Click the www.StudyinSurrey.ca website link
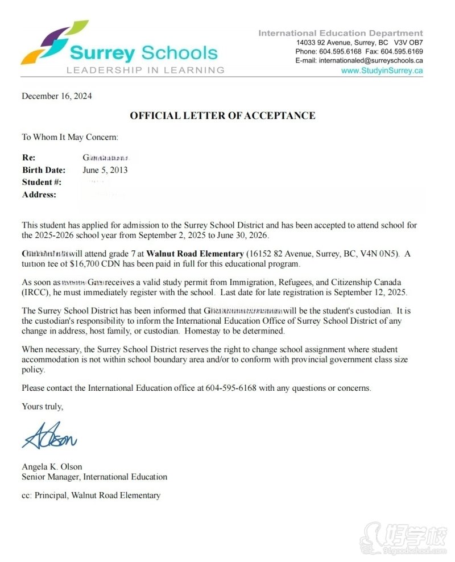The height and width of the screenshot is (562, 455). (x=382, y=71)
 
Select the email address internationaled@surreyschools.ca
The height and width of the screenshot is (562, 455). (x=371, y=61)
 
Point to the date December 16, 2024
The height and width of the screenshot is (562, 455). (x=56, y=96)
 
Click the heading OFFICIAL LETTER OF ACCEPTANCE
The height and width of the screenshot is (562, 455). (x=222, y=116)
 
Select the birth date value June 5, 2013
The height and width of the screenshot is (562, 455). (x=105, y=170)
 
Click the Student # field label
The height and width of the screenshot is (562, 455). (x=42, y=183)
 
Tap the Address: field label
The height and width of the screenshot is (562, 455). (x=39, y=195)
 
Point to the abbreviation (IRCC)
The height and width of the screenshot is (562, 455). (x=35, y=292)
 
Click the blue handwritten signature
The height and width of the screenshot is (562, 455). (x=49, y=436)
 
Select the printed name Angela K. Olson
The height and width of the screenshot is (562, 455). (x=52, y=467)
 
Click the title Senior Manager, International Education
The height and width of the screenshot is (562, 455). (x=94, y=477)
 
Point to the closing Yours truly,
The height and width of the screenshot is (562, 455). (x=43, y=407)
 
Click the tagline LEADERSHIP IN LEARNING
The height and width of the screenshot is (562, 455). (x=145, y=71)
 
